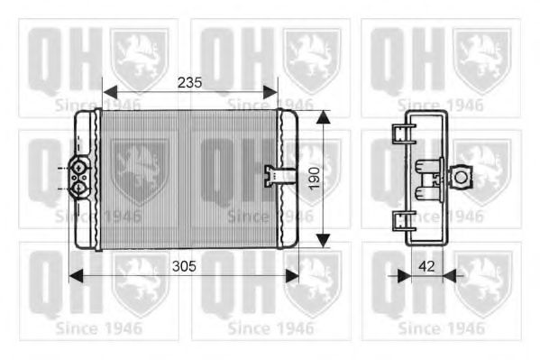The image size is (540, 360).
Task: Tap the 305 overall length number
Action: click(183, 267)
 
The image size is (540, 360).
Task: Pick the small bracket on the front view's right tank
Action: click(270, 174)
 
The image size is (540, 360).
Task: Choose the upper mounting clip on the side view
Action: click(400, 135)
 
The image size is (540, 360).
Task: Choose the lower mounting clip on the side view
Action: click(400, 220)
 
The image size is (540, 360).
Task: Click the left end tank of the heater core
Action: click(89, 180)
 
